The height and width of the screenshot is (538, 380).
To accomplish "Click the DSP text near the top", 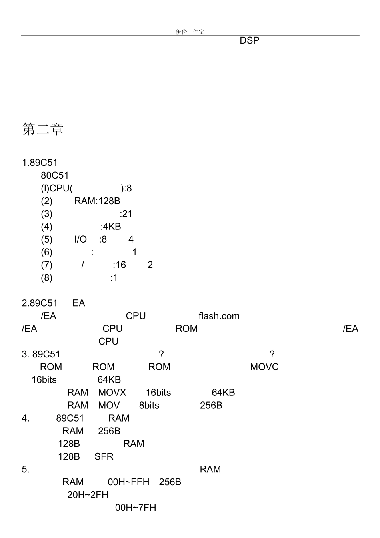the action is click(250, 40).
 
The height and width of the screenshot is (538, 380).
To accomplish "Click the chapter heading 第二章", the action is click(42, 129).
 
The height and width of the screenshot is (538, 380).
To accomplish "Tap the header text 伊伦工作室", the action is click(190, 32).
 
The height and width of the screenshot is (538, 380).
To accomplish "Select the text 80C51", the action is click(55, 175).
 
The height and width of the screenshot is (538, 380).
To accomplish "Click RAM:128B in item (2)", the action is click(97, 201).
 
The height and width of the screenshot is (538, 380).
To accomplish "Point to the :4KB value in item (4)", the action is click(111, 227).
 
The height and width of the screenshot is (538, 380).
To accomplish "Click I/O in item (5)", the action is click(81, 239).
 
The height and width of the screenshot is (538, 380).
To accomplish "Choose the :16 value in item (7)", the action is click(119, 265).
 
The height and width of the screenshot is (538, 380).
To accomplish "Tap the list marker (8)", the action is click(46, 278).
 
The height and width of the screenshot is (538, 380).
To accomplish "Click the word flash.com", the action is click(219, 316).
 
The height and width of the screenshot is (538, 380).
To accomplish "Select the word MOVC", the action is click(264, 367).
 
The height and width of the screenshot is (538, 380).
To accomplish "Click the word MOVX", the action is click(112, 393).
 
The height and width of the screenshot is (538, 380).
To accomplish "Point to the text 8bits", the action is click(149, 406).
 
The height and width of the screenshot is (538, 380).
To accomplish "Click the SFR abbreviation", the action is click(104, 456).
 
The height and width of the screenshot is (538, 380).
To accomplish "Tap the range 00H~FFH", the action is click(128, 482).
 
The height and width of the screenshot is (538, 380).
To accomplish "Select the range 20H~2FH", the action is click(88, 495).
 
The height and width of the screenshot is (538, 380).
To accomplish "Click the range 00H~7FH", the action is click(136, 508).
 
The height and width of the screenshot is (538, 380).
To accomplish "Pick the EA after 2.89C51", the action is click(79, 303).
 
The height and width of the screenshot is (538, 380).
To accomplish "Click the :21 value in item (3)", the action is click(126, 214).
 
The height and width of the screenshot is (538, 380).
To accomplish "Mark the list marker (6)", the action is click(46, 252).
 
